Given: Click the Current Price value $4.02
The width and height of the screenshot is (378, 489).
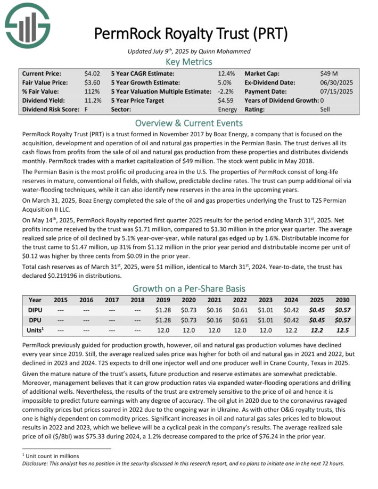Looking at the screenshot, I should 92,73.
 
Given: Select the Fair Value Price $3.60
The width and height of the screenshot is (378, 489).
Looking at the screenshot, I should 92,82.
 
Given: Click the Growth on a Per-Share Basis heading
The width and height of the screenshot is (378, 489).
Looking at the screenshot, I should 189,288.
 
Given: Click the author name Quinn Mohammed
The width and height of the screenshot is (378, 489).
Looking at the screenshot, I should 217,51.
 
